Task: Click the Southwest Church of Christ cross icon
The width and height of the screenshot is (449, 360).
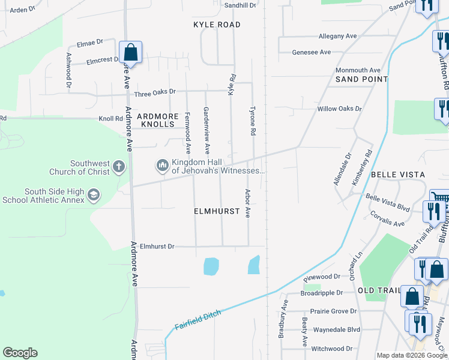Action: tap(119, 166)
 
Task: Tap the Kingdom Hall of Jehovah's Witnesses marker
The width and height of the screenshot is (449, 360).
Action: tap(161, 164)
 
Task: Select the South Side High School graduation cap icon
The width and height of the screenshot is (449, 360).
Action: tap(93, 194)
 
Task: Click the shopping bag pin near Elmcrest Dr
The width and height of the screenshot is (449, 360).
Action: tap(130, 53)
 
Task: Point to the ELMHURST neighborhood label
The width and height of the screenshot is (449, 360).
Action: tap(217, 212)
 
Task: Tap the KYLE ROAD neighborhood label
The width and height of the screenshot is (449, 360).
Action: tap(217, 25)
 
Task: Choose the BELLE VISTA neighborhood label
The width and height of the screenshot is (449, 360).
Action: tap(397, 175)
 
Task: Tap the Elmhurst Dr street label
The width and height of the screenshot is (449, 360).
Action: tap(157, 246)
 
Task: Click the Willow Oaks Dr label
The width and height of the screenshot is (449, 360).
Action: tap(340, 109)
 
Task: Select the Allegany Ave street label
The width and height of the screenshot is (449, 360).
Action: tap(338, 36)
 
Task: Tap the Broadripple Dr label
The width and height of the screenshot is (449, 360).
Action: tap(322, 293)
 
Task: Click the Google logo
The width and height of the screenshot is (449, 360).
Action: tap(20, 353)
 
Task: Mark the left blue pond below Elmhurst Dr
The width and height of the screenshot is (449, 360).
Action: tap(211, 266)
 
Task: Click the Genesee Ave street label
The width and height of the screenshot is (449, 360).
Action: tap(312, 52)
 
